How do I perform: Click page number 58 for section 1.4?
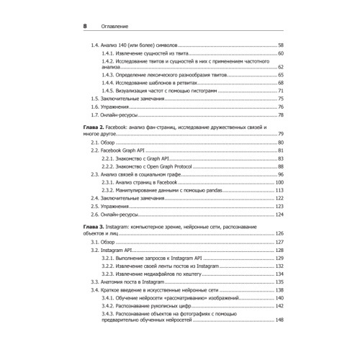click(x=281, y=45)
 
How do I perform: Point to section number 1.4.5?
click(x=107, y=90)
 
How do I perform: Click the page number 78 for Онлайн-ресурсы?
click(x=281, y=114)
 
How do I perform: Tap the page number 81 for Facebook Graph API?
click(x=281, y=150)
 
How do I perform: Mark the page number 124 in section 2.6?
click(x=279, y=215)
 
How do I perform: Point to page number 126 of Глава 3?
click(x=279, y=233)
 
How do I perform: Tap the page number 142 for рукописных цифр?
click(x=279, y=306)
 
